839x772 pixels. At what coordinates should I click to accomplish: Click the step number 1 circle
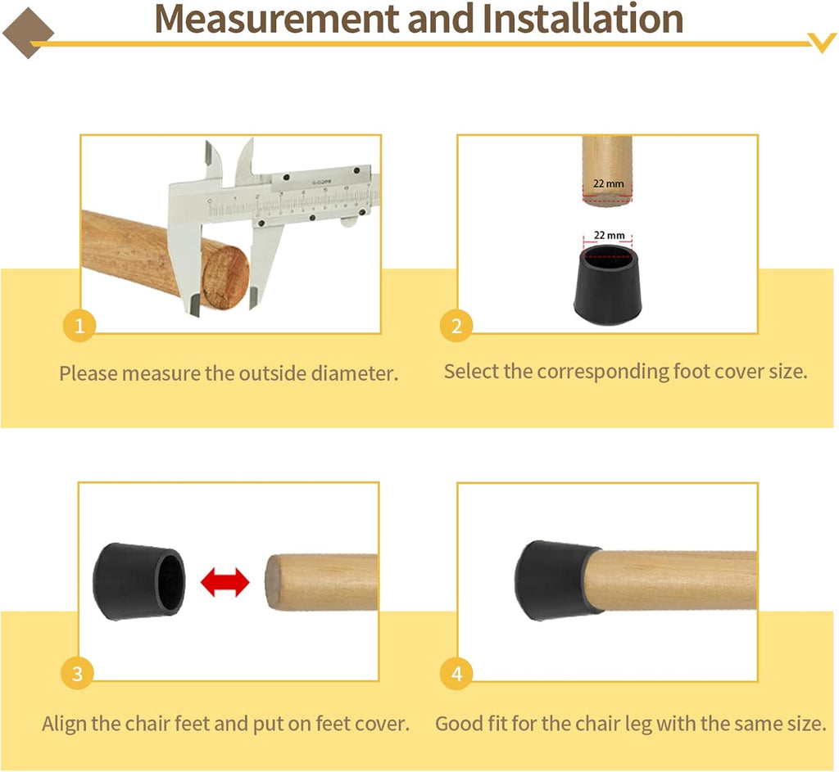pos(79,326)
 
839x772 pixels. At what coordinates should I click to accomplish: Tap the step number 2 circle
pos(456,326)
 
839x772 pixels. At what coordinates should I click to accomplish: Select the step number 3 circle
pos(77,674)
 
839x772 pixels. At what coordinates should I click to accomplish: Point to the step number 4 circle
pos(456,674)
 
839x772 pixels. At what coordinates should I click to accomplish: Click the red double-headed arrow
pos(224,582)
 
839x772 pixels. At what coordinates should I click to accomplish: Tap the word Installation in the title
pos(583,20)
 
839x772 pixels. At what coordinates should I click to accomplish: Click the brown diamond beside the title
pos(28,33)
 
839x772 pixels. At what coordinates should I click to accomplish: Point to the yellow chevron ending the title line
pos(822,43)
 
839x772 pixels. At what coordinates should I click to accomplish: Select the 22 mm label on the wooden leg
pos(609,183)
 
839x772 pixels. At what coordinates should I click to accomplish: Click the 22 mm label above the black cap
pos(609,235)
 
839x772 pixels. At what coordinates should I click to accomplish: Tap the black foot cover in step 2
pos(607,284)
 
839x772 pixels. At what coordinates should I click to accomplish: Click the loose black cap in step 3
pos(139,582)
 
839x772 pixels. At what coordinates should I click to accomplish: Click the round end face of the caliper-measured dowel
pos(225,278)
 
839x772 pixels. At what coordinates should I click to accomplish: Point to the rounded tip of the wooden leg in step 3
pos(272,582)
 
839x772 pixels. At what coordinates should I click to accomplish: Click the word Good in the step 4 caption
pos(459,724)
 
